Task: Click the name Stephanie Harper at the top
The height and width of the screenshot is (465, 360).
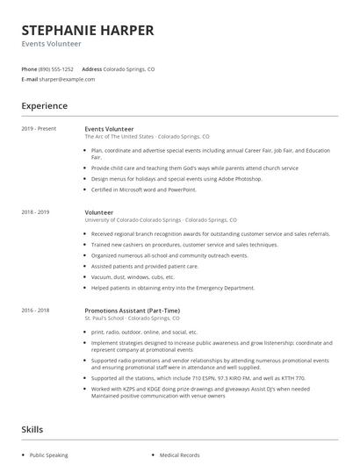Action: (88, 30)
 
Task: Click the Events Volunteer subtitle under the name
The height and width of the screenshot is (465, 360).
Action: (52, 44)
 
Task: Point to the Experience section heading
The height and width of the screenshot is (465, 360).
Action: (45, 106)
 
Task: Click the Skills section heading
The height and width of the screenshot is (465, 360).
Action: (33, 429)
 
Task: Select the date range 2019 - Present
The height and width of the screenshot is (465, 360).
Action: (40, 129)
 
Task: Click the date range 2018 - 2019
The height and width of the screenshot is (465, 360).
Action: (36, 212)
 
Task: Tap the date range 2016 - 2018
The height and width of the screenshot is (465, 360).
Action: (36, 310)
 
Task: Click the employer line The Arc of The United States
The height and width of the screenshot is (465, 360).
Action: (147, 137)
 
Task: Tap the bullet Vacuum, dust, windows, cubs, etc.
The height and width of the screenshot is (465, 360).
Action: (133, 276)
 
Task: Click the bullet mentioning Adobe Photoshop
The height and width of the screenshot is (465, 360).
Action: (165, 179)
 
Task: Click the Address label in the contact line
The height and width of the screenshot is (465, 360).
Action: (92, 68)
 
